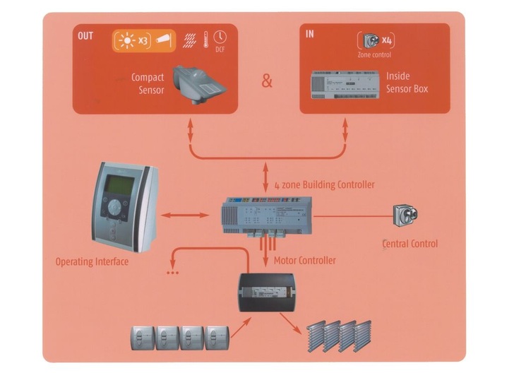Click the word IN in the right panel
point(310,34)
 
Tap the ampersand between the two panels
point(267,81)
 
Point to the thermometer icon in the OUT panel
point(205,37)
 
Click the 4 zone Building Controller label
point(324,184)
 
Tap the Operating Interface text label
point(92,262)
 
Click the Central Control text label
point(410,244)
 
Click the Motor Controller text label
point(304,260)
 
